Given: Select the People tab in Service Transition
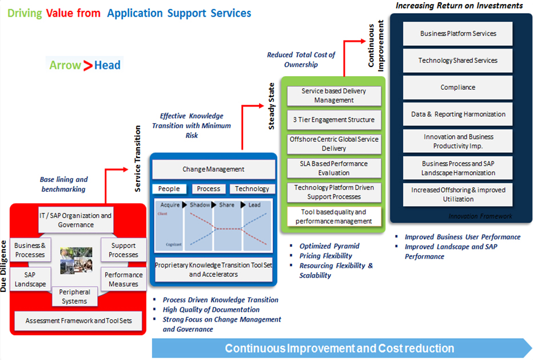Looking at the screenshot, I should (x=169, y=189).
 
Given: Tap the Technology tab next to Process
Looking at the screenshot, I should (x=252, y=189).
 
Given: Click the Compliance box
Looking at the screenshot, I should (x=458, y=88).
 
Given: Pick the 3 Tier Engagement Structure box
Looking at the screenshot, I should (x=333, y=120).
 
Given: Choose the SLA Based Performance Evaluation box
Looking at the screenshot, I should (x=333, y=168).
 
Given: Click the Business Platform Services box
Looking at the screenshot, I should (x=458, y=34).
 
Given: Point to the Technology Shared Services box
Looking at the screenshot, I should (x=458, y=61).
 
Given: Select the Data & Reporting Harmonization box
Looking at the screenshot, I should (x=458, y=114).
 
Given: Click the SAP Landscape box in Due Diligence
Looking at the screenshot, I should (x=30, y=280).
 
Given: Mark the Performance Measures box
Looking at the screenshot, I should (x=124, y=279).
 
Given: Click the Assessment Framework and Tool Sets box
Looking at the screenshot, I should (x=79, y=321).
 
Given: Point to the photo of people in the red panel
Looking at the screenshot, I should (x=76, y=259).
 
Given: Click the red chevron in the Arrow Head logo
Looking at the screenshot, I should (x=87, y=65).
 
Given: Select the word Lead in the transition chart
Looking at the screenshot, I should (x=254, y=205).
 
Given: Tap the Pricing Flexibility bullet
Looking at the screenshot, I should (x=325, y=256).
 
